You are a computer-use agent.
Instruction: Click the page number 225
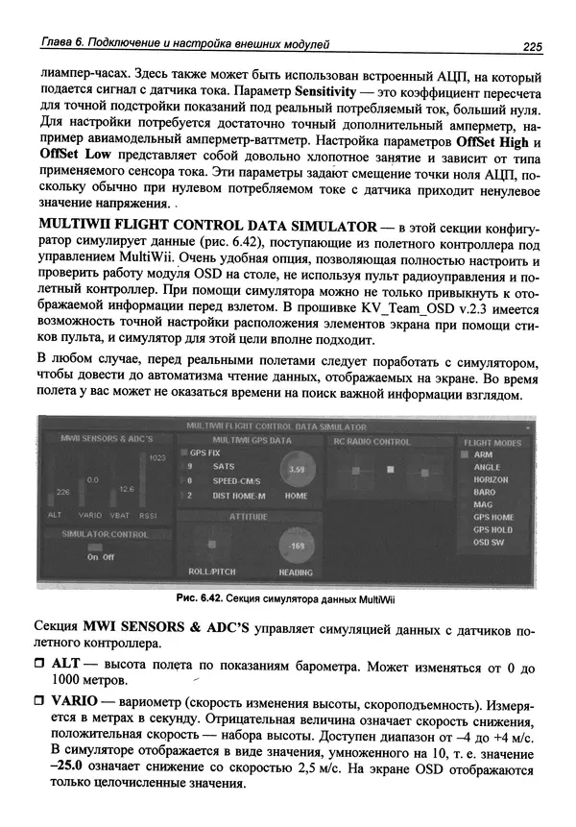533,44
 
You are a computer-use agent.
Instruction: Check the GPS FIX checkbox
185,451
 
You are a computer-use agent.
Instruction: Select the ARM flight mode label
483,454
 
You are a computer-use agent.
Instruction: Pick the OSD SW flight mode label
491,542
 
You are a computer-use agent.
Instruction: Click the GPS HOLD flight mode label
492,529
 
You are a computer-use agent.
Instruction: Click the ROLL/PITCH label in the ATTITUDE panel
211,572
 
